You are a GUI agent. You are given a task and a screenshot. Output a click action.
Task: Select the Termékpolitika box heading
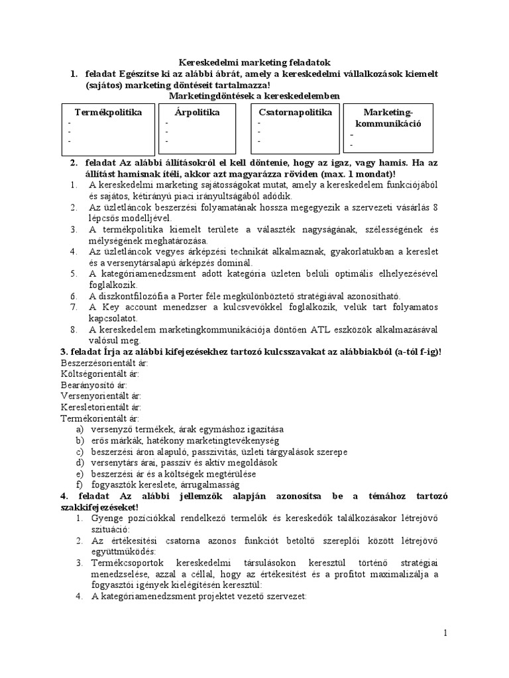coord(108,113)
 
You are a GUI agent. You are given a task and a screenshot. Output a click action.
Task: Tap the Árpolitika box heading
coord(192,113)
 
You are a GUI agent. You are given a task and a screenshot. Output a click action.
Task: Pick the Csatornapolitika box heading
coord(295,113)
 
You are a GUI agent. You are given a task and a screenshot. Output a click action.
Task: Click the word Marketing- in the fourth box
coord(388,113)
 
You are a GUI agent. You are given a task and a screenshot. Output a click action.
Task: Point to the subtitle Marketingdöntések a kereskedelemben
coord(254,96)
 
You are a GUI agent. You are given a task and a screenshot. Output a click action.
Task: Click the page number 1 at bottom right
coord(446,633)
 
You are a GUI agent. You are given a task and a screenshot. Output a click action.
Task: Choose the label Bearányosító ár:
coord(93,385)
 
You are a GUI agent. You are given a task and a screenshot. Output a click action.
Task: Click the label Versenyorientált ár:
coord(99,396)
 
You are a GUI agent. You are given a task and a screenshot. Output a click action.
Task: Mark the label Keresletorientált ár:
coord(101,407)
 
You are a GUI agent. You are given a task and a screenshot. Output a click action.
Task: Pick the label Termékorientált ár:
coord(99,418)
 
